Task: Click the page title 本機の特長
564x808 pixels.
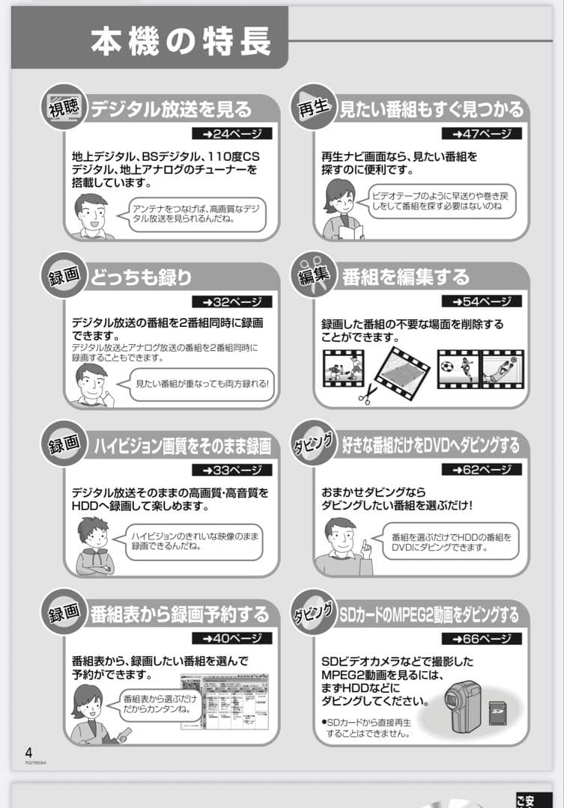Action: coord(181,42)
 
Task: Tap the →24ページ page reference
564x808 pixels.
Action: coord(231,134)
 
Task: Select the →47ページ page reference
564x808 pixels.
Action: coord(482,134)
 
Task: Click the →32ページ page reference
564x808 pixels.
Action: coord(231,302)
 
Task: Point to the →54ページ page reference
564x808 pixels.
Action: coord(482,302)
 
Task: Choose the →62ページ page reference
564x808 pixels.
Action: coord(482,470)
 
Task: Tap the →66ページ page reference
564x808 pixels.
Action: coord(482,639)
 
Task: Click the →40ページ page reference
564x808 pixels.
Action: coord(231,639)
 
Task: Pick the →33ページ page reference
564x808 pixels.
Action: coord(231,471)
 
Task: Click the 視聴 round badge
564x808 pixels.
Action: coord(64,107)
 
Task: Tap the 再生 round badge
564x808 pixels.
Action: coord(313,107)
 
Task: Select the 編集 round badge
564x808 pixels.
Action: coord(313,275)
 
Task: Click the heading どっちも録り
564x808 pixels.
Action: coord(142,278)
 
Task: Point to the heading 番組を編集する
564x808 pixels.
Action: coord(406,278)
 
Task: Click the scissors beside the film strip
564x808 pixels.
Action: coord(366,393)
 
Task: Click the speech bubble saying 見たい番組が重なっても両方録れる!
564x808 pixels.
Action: coord(201,385)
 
